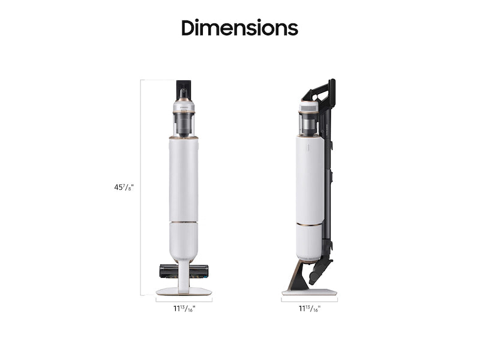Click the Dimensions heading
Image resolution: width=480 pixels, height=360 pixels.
(x=239, y=28)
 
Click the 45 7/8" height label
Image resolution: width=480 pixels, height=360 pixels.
(x=124, y=187)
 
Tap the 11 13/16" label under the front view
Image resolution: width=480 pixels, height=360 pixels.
(x=184, y=308)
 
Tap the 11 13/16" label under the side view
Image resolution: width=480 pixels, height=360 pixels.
(x=310, y=308)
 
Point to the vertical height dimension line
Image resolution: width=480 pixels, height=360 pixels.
(x=141, y=187)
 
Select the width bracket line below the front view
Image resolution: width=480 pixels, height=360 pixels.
(x=184, y=299)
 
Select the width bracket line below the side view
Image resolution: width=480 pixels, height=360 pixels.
(x=310, y=299)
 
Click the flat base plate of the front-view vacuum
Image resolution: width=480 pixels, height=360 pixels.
(x=184, y=291)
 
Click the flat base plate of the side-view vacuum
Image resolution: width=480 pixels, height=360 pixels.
(x=309, y=292)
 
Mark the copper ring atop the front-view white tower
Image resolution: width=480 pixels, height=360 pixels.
(x=184, y=138)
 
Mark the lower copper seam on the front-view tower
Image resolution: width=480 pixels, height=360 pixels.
(x=184, y=223)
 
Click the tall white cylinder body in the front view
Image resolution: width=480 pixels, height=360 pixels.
(x=184, y=180)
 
